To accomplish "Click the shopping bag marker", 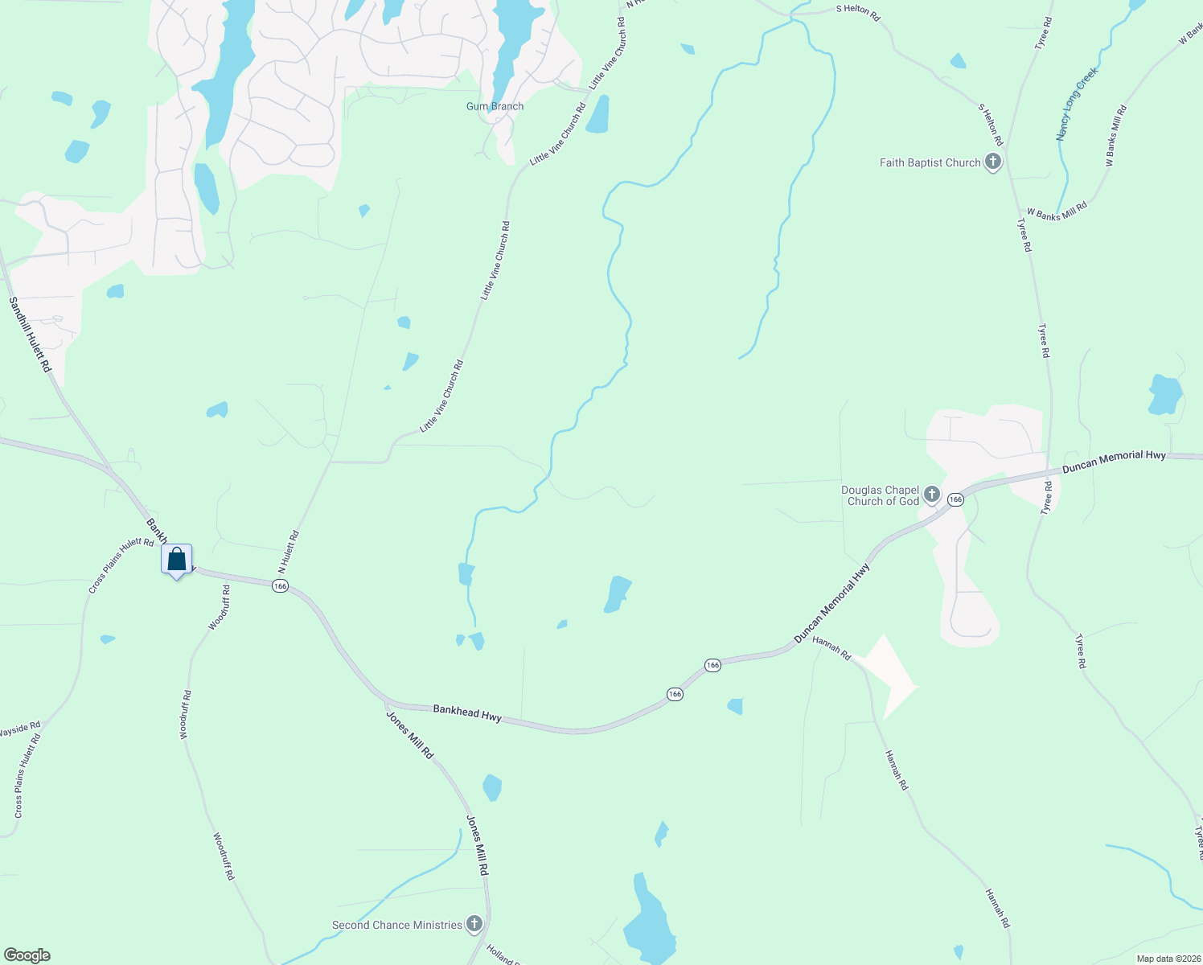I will tap(177, 560).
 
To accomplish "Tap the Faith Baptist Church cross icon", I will tap(993, 162).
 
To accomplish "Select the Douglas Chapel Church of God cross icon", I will tap(931, 494).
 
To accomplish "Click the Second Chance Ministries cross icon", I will tap(474, 925).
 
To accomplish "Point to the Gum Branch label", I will tap(495, 106).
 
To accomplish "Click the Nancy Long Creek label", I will tap(1076, 105).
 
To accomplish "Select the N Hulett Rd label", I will tap(288, 551).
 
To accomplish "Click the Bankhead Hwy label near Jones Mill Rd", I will tap(467, 712).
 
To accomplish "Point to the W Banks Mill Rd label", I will tap(1057, 211).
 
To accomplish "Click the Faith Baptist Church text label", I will tap(930, 162).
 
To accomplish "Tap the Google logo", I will tap(27, 955).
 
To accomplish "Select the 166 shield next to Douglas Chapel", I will tap(955, 499).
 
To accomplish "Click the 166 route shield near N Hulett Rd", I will tap(280, 586).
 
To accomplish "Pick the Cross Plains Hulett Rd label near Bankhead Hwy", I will tap(121, 566).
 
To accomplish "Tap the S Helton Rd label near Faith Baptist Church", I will tap(991, 124).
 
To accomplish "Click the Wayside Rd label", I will tap(19, 730).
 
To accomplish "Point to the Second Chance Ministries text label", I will tap(396, 925).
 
